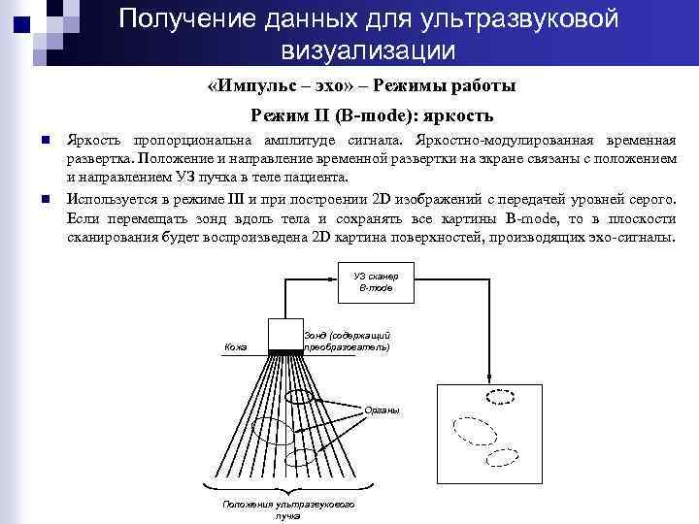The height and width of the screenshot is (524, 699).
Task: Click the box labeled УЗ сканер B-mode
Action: tap(376, 281)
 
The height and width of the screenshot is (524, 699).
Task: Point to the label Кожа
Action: tap(235, 346)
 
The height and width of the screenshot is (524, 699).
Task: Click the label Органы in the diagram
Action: tap(382, 411)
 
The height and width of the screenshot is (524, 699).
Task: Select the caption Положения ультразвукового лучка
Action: tap(287, 509)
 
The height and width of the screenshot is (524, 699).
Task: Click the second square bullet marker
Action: tap(46, 200)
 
